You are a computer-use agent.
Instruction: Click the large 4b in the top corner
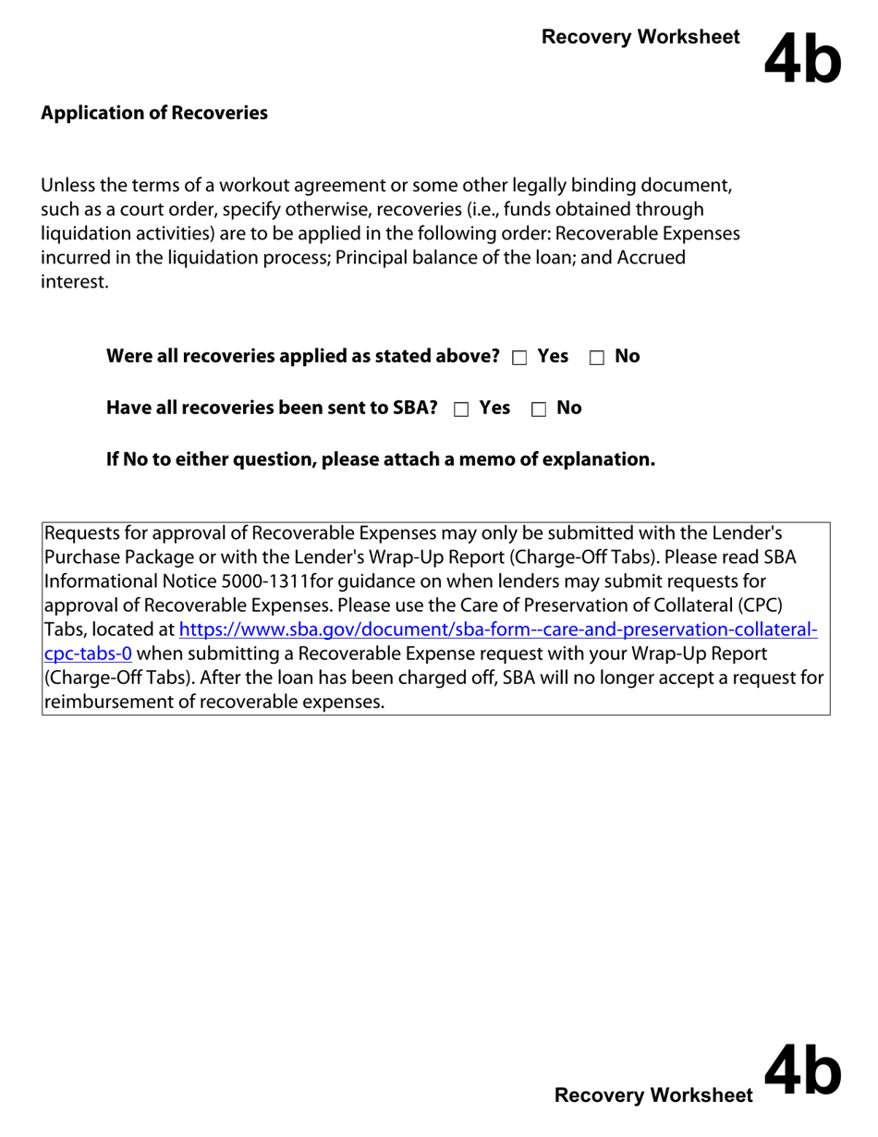coord(802,56)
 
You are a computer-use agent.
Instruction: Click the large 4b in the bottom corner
coord(802,1071)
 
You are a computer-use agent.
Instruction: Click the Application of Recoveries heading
coord(154,114)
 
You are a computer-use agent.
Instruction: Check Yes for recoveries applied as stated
coord(518,357)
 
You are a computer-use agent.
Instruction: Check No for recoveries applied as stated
coord(596,357)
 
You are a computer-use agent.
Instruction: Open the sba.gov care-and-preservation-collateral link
coord(498,630)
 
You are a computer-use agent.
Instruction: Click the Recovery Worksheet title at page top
coord(640,37)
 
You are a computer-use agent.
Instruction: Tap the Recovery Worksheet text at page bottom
coord(653,1095)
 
